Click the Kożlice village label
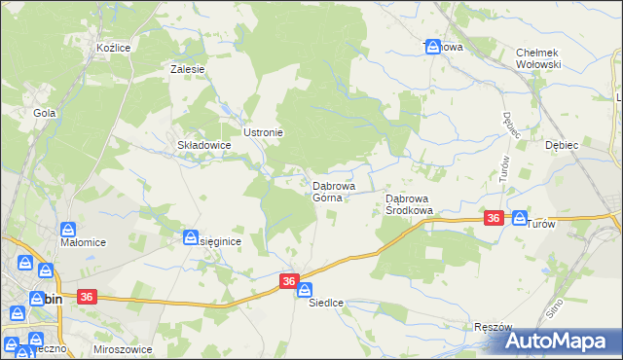[x=114, y=47]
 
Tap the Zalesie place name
[x=187, y=69]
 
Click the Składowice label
[x=202, y=145]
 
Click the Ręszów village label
[x=494, y=327]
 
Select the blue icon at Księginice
[x=192, y=237]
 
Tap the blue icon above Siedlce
[x=305, y=289]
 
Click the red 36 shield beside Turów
[x=495, y=219]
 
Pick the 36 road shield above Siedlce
[x=289, y=280]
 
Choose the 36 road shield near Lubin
[x=85, y=297]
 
